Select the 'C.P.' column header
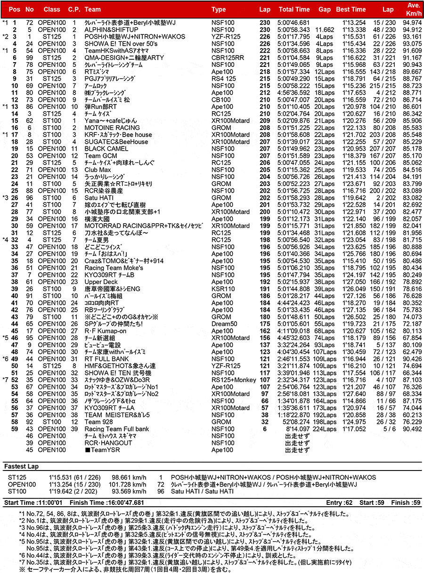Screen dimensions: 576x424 click(74, 9)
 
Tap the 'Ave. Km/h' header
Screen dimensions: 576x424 click(413, 9)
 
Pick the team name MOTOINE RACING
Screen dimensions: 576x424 click(112, 128)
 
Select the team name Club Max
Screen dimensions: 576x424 click(98, 170)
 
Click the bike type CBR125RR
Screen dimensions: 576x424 click(228, 57)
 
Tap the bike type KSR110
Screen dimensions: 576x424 click(223, 289)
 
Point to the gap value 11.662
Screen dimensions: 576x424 click(324, 30)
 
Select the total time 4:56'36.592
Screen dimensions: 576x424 click(294, 93)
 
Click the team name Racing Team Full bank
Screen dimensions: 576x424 click(117, 429)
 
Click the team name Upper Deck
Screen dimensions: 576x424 click(101, 282)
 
